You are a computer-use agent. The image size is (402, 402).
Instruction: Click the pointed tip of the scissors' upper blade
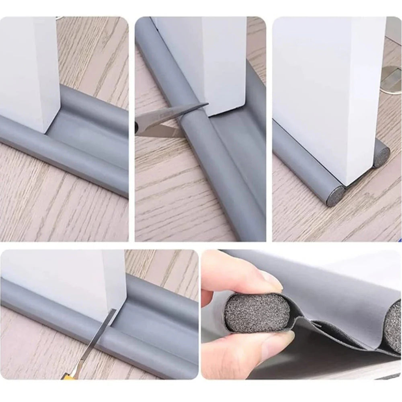(207, 105)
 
